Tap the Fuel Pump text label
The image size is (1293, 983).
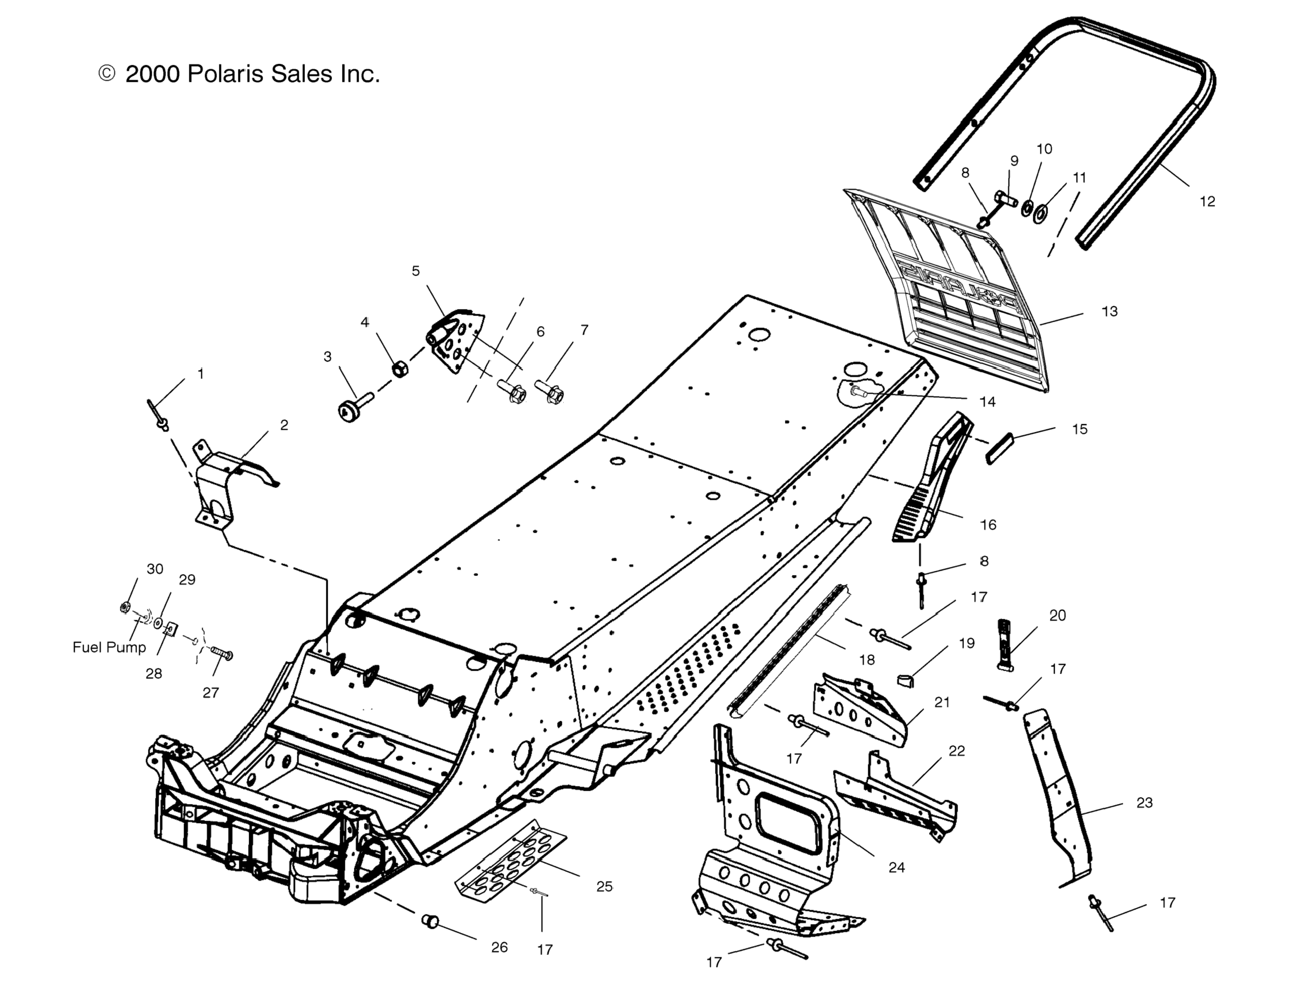[x=109, y=647]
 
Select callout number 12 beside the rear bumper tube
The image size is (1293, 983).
[x=1207, y=201]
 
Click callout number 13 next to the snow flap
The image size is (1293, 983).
[x=1109, y=311]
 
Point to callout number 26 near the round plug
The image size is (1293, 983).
[x=500, y=947]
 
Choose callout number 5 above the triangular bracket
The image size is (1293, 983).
[x=416, y=271]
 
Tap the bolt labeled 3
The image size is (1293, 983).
[x=353, y=407]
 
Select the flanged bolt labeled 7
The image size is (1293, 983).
[x=550, y=392]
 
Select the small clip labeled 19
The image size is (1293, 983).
[x=905, y=679]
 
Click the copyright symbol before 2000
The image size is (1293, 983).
[x=107, y=73]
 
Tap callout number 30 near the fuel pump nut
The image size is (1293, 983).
[x=155, y=569]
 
